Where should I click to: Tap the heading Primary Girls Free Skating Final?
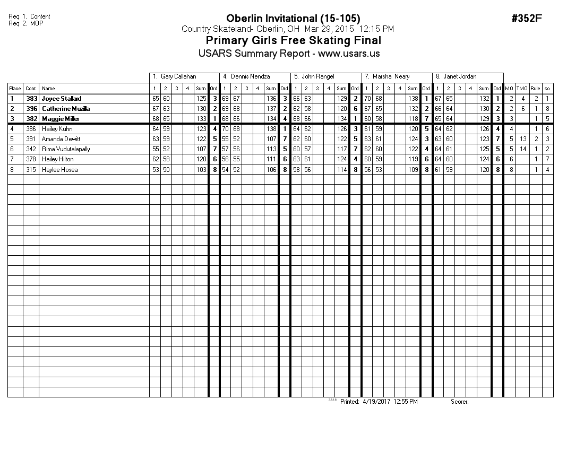293,41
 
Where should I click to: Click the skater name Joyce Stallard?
62,99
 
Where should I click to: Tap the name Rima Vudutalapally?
66,149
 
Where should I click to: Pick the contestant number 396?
31,109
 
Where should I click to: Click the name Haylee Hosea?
59,170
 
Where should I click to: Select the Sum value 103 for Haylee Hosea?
201,170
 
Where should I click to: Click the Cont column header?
31,89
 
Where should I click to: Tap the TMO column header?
522,89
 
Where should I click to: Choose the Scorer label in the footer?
459,402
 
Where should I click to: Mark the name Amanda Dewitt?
61,139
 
